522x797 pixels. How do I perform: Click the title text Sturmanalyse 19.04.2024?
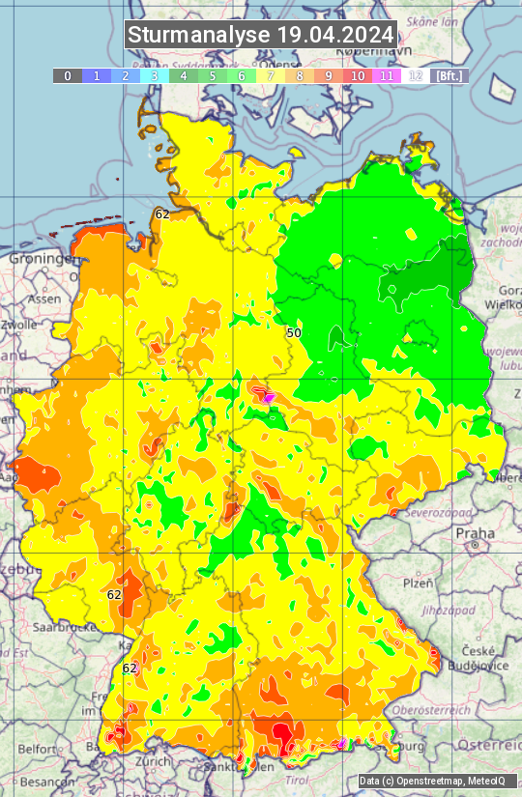(x=261, y=35)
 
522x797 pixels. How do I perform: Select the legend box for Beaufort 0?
(x=68, y=75)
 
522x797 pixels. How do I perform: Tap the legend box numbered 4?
(x=184, y=75)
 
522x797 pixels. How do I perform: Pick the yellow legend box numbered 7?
(x=271, y=75)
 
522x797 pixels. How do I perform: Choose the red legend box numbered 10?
(x=358, y=75)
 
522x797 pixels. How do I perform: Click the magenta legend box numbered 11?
(x=387, y=75)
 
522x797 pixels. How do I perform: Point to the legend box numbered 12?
(x=416, y=75)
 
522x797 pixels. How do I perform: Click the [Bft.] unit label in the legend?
(x=449, y=75)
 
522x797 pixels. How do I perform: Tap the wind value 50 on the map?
(x=294, y=332)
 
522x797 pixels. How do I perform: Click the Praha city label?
(x=475, y=533)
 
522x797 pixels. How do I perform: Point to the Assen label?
(x=43, y=299)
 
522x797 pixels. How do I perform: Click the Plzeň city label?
(x=418, y=583)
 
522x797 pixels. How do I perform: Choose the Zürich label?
(x=154, y=760)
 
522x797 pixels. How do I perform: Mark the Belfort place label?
(x=38, y=749)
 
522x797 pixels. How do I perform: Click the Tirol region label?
(x=297, y=780)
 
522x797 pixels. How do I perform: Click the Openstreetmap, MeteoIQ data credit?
(x=436, y=781)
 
